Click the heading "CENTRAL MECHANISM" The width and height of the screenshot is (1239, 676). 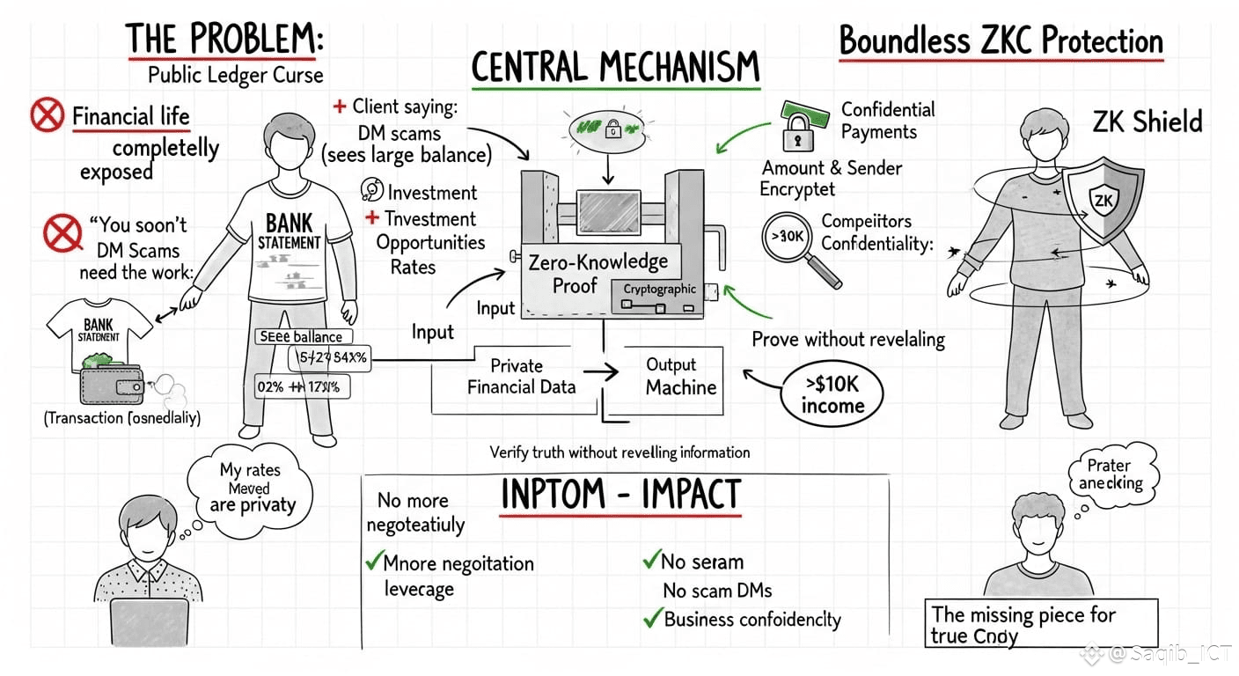[x=615, y=68]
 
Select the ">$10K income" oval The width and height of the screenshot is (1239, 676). [x=832, y=395]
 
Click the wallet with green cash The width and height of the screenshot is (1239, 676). [x=112, y=378]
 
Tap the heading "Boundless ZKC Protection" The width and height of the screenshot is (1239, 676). [x=1001, y=41]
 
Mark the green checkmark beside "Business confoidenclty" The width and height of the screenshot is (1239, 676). [x=652, y=618]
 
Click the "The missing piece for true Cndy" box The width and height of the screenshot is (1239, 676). [x=1041, y=624]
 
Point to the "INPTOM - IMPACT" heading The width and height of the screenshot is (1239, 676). [x=619, y=495]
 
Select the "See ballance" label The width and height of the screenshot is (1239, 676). [x=302, y=336]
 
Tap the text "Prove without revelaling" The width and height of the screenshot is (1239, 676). [x=847, y=339]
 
